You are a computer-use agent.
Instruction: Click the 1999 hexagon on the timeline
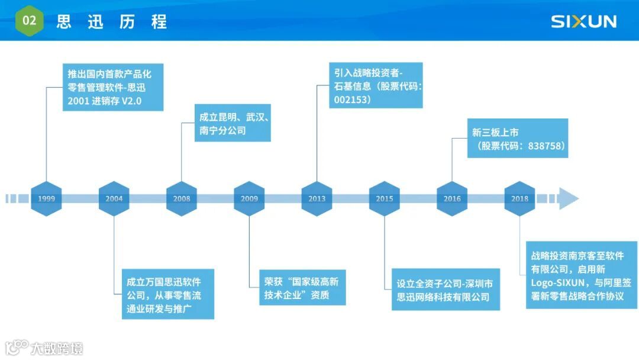(46, 198)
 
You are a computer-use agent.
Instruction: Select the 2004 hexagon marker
(114, 198)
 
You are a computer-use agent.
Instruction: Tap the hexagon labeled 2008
(182, 198)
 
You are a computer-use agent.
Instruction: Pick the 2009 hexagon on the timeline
(249, 198)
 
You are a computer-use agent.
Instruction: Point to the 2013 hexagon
(317, 198)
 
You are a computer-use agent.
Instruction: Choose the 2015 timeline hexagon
(384, 198)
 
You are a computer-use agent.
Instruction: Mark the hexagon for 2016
(452, 198)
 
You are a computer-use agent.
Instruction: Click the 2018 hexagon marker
(519, 198)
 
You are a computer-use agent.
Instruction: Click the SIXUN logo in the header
(583, 22)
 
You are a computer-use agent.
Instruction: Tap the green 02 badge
(29, 21)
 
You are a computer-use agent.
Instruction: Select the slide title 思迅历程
(112, 22)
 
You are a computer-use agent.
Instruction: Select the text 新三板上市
(495, 132)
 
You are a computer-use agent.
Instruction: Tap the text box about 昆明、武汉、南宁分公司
(233, 123)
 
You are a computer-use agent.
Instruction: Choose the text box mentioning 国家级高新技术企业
(302, 288)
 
